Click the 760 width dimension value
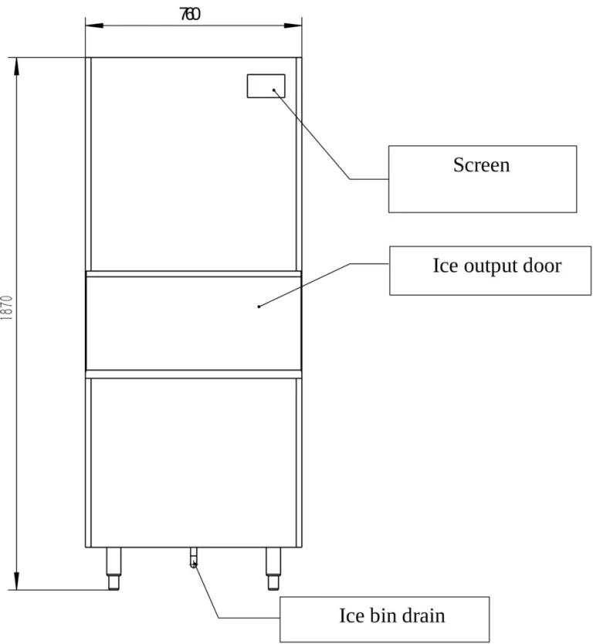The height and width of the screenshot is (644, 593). (190, 15)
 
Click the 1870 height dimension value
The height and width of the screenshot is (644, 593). (7, 307)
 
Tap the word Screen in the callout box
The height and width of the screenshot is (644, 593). (481, 165)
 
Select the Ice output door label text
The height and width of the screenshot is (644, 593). (497, 266)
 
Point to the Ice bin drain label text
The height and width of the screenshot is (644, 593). (391, 615)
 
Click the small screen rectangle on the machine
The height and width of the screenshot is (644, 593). (266, 86)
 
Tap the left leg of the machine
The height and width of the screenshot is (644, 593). (114, 568)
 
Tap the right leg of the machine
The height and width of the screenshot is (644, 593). (273, 568)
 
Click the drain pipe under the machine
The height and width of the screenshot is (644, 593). (194, 558)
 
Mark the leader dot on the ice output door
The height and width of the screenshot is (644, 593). (259, 307)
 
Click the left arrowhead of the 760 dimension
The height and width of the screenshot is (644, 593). (94, 25)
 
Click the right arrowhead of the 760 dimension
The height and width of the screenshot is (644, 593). (293, 25)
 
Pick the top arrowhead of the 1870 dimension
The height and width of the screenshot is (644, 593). (16, 66)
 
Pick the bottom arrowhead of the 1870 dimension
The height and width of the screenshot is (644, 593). (16, 581)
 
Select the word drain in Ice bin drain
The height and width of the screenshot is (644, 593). (423, 615)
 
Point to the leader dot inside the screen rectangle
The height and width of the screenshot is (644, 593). (274, 90)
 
